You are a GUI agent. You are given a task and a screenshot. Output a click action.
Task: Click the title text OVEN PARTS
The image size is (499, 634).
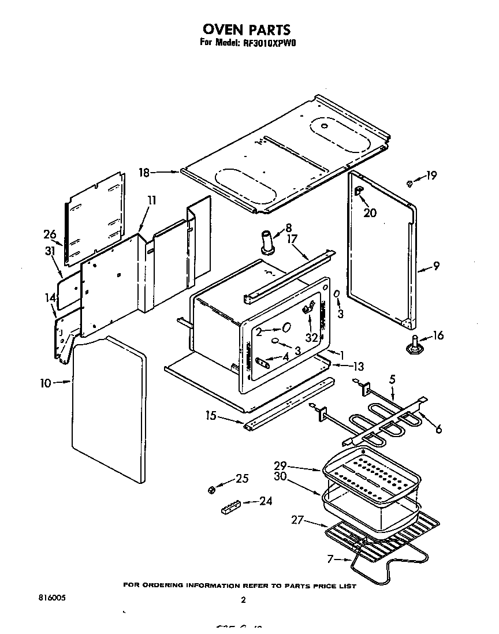coord(246,29)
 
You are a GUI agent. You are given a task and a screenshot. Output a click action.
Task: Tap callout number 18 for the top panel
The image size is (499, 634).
coord(144,171)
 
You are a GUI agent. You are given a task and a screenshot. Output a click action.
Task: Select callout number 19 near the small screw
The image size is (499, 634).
coord(431,176)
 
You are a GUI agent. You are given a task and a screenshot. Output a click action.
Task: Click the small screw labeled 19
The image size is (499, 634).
coord(409,183)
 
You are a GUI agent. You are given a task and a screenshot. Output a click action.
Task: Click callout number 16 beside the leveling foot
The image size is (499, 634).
coord(438,335)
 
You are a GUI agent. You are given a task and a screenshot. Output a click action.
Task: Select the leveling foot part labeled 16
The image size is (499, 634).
coord(414,344)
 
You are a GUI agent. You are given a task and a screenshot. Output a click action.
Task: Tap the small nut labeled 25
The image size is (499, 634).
coord(211,490)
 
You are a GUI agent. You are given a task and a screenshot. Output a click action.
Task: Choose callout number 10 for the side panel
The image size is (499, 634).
coord(47,382)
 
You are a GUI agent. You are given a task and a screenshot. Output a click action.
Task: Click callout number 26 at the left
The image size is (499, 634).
coord(50,234)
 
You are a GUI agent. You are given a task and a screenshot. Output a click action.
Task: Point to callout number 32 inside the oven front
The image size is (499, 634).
coord(312,337)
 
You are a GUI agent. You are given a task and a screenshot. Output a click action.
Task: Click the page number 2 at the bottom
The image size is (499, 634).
coord(243,600)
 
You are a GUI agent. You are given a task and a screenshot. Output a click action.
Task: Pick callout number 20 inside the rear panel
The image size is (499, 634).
coord(370,212)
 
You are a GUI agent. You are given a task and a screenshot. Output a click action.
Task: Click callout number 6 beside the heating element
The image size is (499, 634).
coord(438,429)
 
